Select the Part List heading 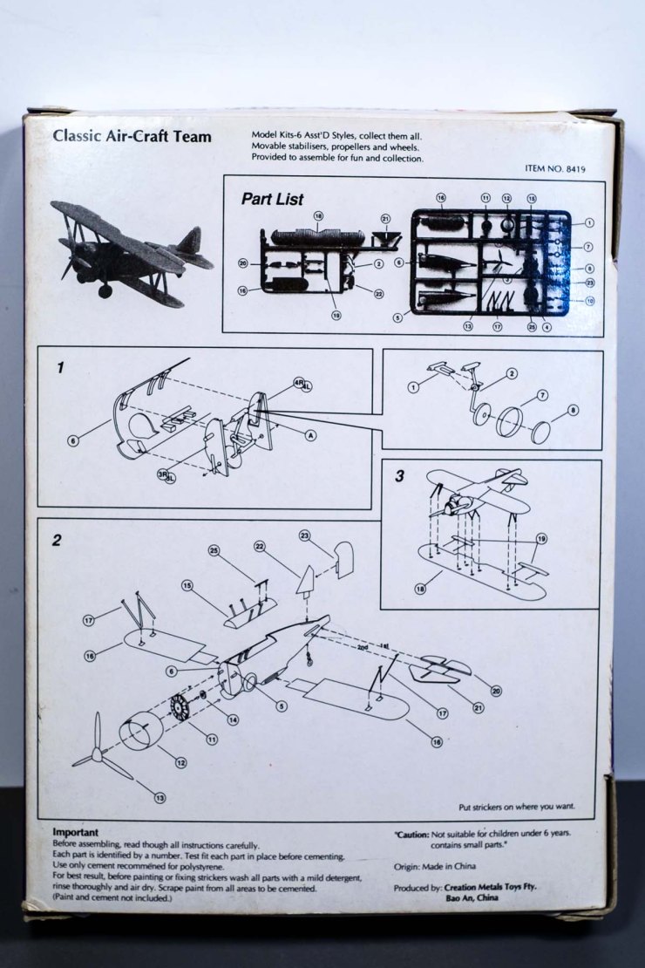272,200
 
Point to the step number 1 59,368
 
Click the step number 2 57,540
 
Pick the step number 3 399,476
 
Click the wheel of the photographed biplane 105,291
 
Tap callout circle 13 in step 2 159,797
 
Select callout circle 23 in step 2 305,535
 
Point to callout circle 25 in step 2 214,550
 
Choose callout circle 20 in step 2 496,691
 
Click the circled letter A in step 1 310,434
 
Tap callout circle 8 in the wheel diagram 573,409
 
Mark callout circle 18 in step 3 421,590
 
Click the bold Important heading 75,832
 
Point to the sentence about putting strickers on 516,807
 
